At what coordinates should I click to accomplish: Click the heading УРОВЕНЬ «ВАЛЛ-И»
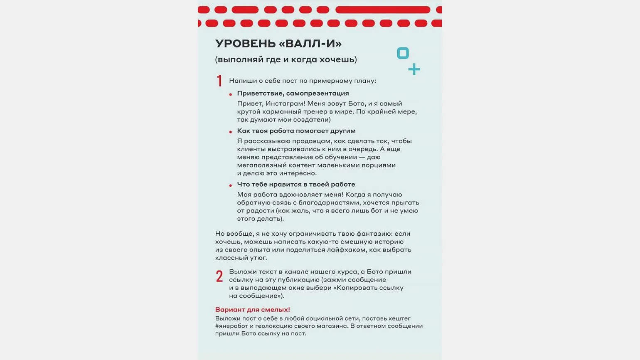(278, 44)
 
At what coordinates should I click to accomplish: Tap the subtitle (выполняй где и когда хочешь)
(286, 59)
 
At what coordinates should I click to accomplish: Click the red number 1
(219, 81)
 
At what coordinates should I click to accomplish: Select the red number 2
(219, 276)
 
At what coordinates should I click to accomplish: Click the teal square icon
(403, 53)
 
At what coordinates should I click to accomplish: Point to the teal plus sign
(414, 69)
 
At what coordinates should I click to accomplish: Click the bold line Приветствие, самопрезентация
(293, 93)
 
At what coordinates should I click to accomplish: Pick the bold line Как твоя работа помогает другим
(296, 131)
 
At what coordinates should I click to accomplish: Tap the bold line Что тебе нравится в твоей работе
(296, 184)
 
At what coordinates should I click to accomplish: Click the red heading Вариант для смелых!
(253, 310)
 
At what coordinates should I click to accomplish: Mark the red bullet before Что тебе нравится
(231, 185)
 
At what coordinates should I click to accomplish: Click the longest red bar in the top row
(382, 10)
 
